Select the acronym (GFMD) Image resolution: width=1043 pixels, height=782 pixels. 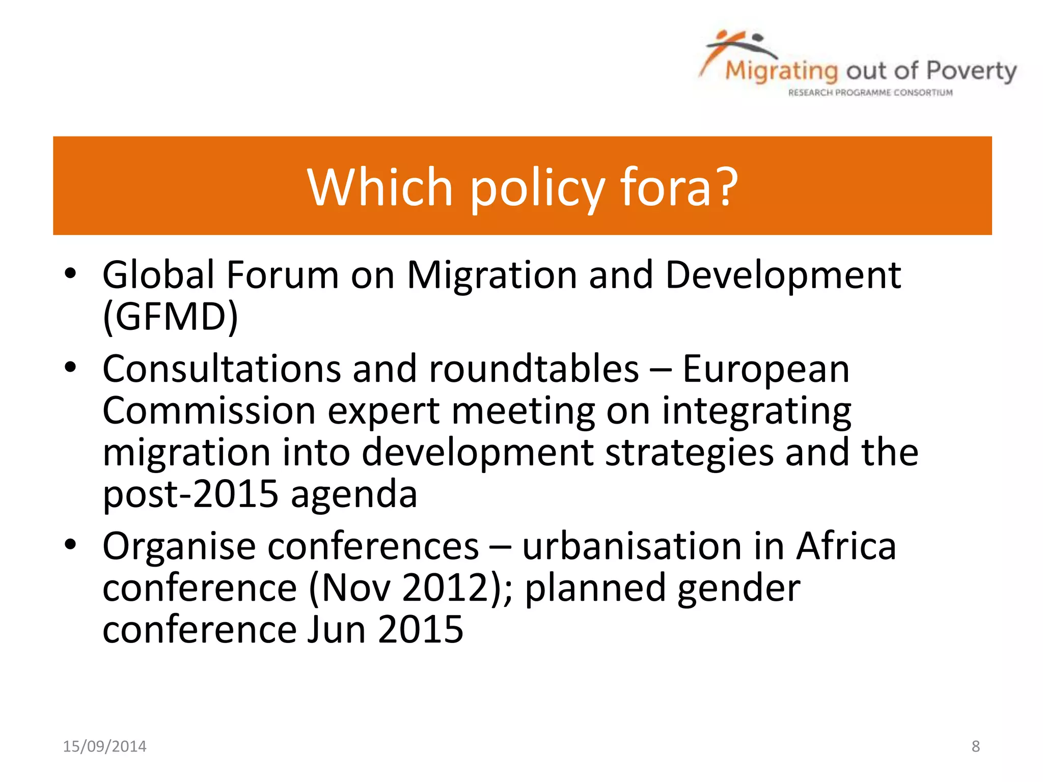[x=170, y=317]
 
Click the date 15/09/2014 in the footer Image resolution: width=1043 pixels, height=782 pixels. [x=104, y=746]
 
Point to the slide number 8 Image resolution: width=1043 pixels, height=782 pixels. [x=975, y=746]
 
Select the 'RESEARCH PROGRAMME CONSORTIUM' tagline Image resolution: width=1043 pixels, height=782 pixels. [x=870, y=93]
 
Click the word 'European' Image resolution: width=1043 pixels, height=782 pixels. [x=766, y=370]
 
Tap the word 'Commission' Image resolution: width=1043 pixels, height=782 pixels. [x=209, y=410]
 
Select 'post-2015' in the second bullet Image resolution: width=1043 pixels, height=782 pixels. [x=190, y=494]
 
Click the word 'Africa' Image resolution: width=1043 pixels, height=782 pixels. [x=846, y=546]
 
